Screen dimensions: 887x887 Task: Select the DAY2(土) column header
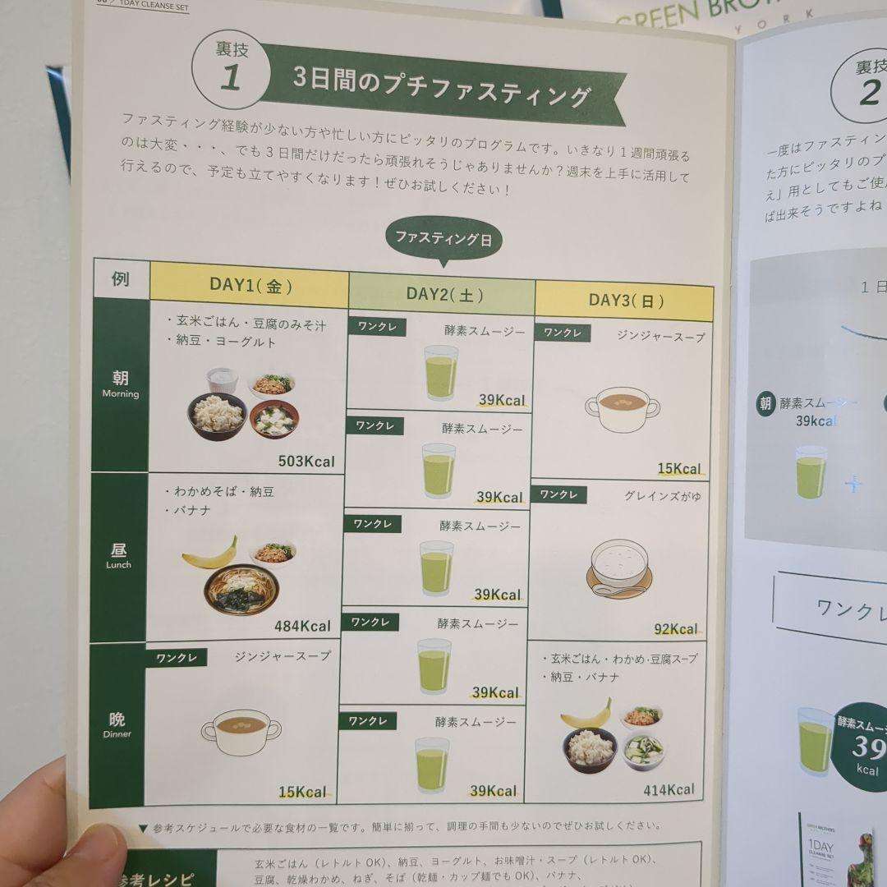point(444,294)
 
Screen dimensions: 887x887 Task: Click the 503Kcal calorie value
point(306,461)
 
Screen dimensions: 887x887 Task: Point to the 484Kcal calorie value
point(302,626)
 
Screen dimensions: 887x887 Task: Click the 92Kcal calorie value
point(675,629)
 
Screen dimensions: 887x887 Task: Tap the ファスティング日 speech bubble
point(443,240)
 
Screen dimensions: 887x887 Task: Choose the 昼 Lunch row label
point(119,555)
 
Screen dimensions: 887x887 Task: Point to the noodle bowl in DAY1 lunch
point(241,587)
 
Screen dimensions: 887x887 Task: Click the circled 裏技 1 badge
point(231,70)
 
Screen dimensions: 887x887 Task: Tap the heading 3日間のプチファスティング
point(442,87)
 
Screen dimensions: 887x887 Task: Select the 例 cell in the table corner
point(121,279)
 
